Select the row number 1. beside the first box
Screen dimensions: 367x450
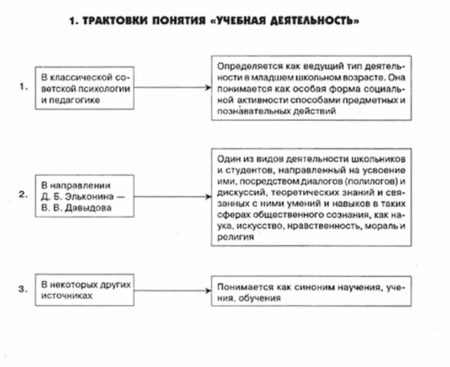(x=23, y=87)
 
